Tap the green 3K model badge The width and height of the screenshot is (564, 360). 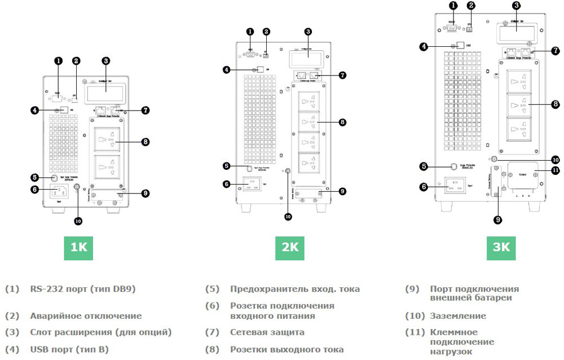(x=501, y=247)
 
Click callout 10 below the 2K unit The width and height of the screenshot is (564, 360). (x=288, y=216)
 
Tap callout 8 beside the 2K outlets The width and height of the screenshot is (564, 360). (x=342, y=121)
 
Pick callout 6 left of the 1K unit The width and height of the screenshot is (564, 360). (x=34, y=190)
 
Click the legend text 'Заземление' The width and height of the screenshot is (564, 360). (x=457, y=316)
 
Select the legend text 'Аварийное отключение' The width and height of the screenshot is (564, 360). (x=86, y=316)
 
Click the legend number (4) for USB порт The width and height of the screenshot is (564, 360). (x=12, y=349)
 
